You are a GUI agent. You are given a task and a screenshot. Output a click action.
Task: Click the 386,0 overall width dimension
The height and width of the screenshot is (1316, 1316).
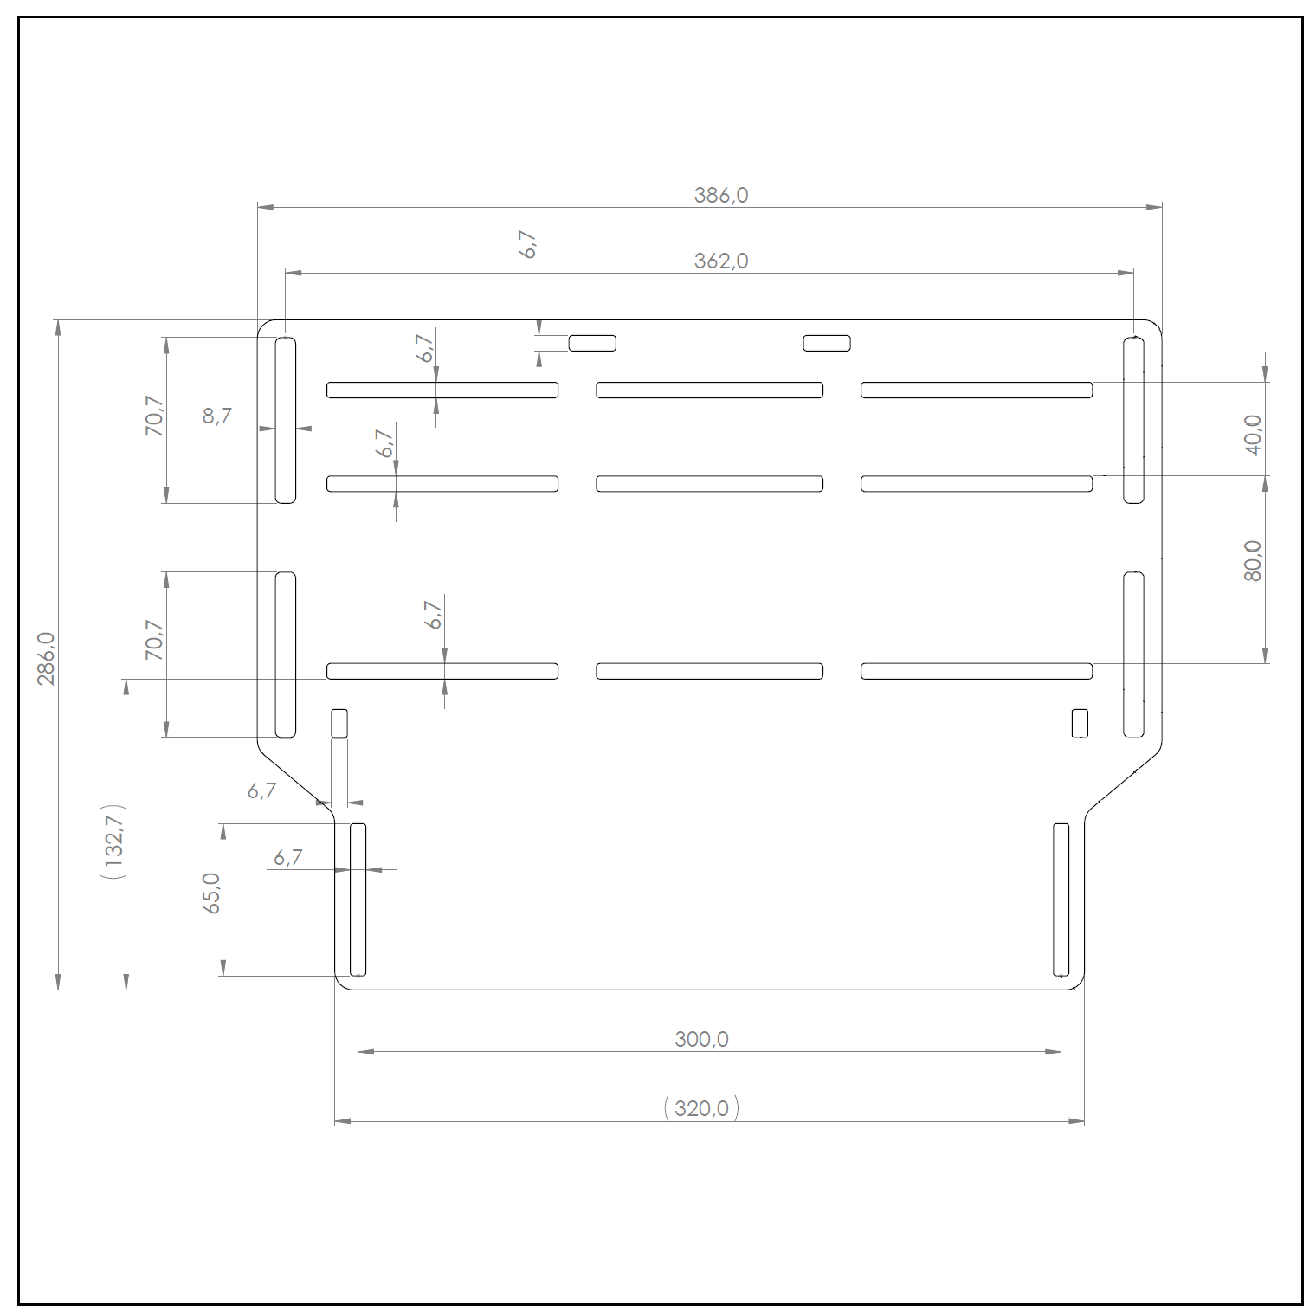point(720,196)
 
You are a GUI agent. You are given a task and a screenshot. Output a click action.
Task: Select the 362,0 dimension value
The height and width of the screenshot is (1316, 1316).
point(720,261)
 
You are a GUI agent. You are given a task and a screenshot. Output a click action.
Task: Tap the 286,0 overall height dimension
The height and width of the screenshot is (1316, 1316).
point(47,659)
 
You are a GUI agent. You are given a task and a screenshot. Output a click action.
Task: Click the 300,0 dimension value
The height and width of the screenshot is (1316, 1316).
point(701,1039)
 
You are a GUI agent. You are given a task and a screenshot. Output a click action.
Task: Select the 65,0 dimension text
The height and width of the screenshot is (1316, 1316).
point(211,893)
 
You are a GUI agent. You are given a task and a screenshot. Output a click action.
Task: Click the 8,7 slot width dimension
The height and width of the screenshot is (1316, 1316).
point(217,416)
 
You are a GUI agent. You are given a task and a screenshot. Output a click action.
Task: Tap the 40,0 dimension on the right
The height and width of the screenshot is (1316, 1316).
point(1252,435)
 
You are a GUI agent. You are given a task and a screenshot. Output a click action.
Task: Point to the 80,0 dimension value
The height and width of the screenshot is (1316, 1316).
point(1252,560)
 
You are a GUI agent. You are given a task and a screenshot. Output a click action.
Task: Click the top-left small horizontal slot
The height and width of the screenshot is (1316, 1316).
point(592,343)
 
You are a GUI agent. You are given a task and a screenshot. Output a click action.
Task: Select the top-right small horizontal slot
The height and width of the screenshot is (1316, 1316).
point(827,343)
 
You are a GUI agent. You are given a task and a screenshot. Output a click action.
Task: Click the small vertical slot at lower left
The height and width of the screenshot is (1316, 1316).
point(339,723)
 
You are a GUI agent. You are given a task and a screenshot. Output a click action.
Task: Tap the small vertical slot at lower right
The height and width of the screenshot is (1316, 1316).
point(1080,723)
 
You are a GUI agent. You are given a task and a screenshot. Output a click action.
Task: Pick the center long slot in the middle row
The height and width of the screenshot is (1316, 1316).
point(710,484)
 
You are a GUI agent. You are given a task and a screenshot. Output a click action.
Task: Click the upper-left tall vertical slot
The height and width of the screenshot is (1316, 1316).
point(286,420)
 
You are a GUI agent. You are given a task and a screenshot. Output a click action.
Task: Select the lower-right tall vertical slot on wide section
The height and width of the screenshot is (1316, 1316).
point(1133,655)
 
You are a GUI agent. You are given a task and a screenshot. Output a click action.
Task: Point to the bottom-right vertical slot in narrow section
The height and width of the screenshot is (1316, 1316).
point(1061,900)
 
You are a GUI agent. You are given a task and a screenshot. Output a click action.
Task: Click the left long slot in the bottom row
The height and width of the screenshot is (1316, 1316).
point(442,671)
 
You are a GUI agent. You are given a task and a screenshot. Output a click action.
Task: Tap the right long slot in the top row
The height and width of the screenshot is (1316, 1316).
point(977,390)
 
